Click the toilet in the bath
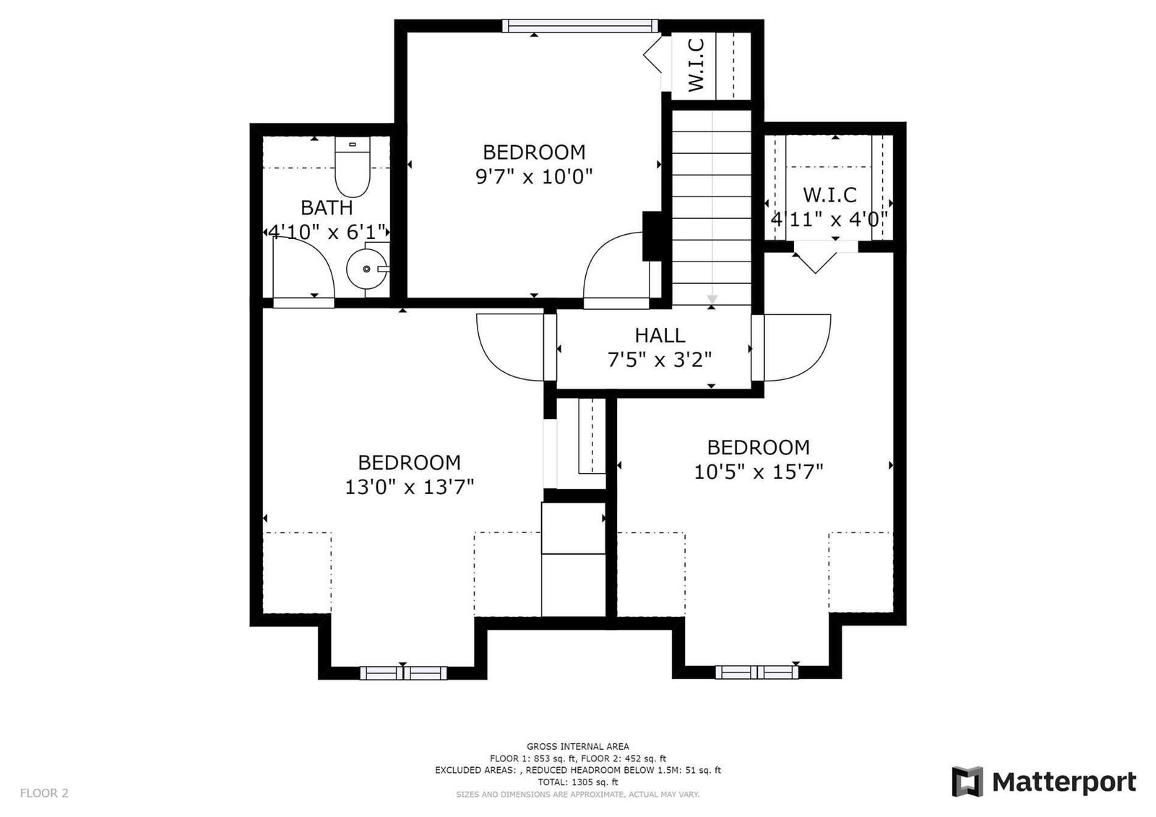353,166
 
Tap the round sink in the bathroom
367,269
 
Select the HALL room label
660,335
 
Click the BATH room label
327,208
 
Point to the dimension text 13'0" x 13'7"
409,487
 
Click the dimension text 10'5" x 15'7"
758,472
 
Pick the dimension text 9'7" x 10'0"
534,177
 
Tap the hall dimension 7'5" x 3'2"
660,360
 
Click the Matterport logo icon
967,782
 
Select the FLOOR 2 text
44,793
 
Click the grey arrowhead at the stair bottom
712,300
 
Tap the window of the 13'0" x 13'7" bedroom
403,673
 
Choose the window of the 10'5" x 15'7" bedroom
756,672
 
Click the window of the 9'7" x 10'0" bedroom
580,26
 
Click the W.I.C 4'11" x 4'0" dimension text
829,220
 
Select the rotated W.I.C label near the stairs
696,66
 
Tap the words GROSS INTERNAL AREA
578,746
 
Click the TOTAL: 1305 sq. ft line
578,782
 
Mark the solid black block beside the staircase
652,236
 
